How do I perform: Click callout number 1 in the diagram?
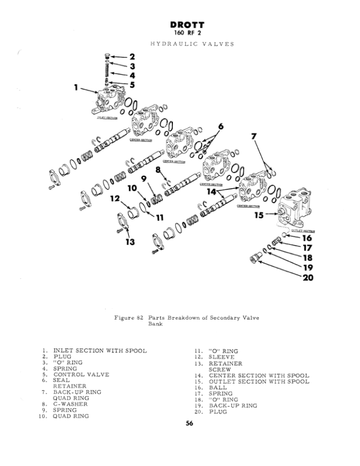76,88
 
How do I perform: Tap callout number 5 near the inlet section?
132,84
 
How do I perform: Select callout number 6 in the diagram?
221,127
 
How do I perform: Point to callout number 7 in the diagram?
254,137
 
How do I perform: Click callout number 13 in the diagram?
129,241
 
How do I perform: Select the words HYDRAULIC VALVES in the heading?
192,44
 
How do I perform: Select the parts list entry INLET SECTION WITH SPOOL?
100,351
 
